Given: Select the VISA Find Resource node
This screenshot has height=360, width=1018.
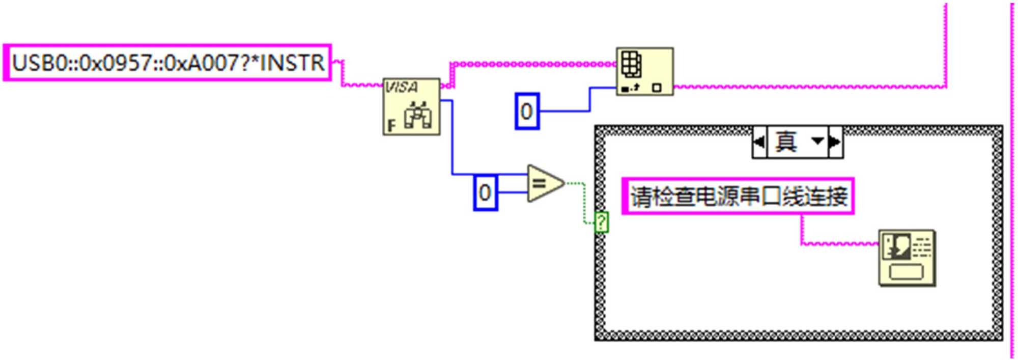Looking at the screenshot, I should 411,106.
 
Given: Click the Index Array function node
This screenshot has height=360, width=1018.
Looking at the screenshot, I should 644,72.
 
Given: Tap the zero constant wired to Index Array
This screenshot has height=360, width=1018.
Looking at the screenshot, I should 527,111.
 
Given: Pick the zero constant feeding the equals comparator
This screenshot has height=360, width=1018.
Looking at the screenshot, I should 485,192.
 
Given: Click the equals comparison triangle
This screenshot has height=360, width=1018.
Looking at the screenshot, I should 544,183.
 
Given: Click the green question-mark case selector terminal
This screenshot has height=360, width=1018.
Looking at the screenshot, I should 601,223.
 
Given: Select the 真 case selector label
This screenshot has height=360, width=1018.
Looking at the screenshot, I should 786,142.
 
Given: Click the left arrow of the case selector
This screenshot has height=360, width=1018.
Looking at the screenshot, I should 759,142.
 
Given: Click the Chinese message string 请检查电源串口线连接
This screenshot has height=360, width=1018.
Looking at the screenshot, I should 738,196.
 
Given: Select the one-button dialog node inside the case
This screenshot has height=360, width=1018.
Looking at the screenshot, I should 907,258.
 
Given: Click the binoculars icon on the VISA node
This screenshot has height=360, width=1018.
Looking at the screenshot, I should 417,115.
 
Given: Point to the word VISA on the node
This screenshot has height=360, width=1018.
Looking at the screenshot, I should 402,87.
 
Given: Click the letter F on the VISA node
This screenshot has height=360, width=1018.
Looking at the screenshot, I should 391,125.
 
